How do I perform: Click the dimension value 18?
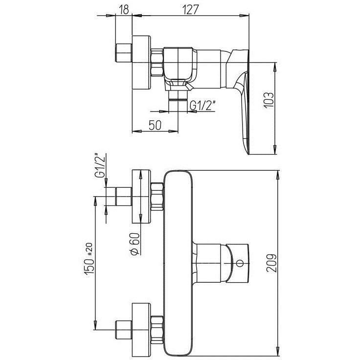pyautogui.click(x=124, y=10)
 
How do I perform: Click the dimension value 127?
pyautogui.click(x=190, y=10)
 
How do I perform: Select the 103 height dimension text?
pyautogui.click(x=269, y=100)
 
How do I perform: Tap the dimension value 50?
pyautogui.click(x=155, y=125)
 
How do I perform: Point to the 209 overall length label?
pyautogui.click(x=271, y=263)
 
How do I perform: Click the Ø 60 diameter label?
pyautogui.click(x=135, y=244)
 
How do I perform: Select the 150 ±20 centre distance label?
pyautogui.click(x=89, y=259)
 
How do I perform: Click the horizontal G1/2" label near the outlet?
pyautogui.click(x=202, y=106)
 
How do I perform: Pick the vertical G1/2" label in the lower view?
pyautogui.click(x=100, y=165)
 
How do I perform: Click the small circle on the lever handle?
pyautogui.click(x=240, y=263)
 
